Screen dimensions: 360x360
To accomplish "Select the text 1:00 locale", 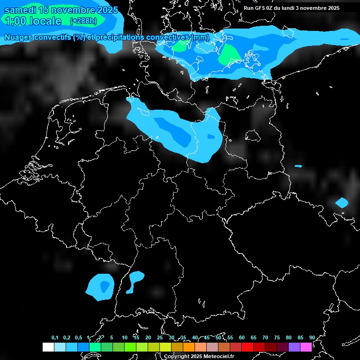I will (32, 21).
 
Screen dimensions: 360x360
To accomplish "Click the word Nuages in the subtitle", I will (18, 37).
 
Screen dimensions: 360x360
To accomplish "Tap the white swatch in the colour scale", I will (48, 347).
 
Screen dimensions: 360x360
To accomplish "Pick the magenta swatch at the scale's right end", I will (306, 347).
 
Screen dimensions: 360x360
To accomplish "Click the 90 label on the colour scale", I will (312, 337).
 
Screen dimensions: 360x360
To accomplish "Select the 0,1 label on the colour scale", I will (55, 337).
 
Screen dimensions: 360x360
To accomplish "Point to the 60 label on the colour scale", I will (241, 337).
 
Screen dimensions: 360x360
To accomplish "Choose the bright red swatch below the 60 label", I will (247, 347).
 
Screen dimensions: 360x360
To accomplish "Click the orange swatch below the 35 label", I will (188, 347).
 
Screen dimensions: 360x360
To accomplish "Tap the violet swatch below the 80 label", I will (294, 347).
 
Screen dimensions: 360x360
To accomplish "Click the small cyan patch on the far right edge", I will (342, 202).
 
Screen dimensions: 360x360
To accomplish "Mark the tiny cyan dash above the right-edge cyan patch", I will (298, 166).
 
